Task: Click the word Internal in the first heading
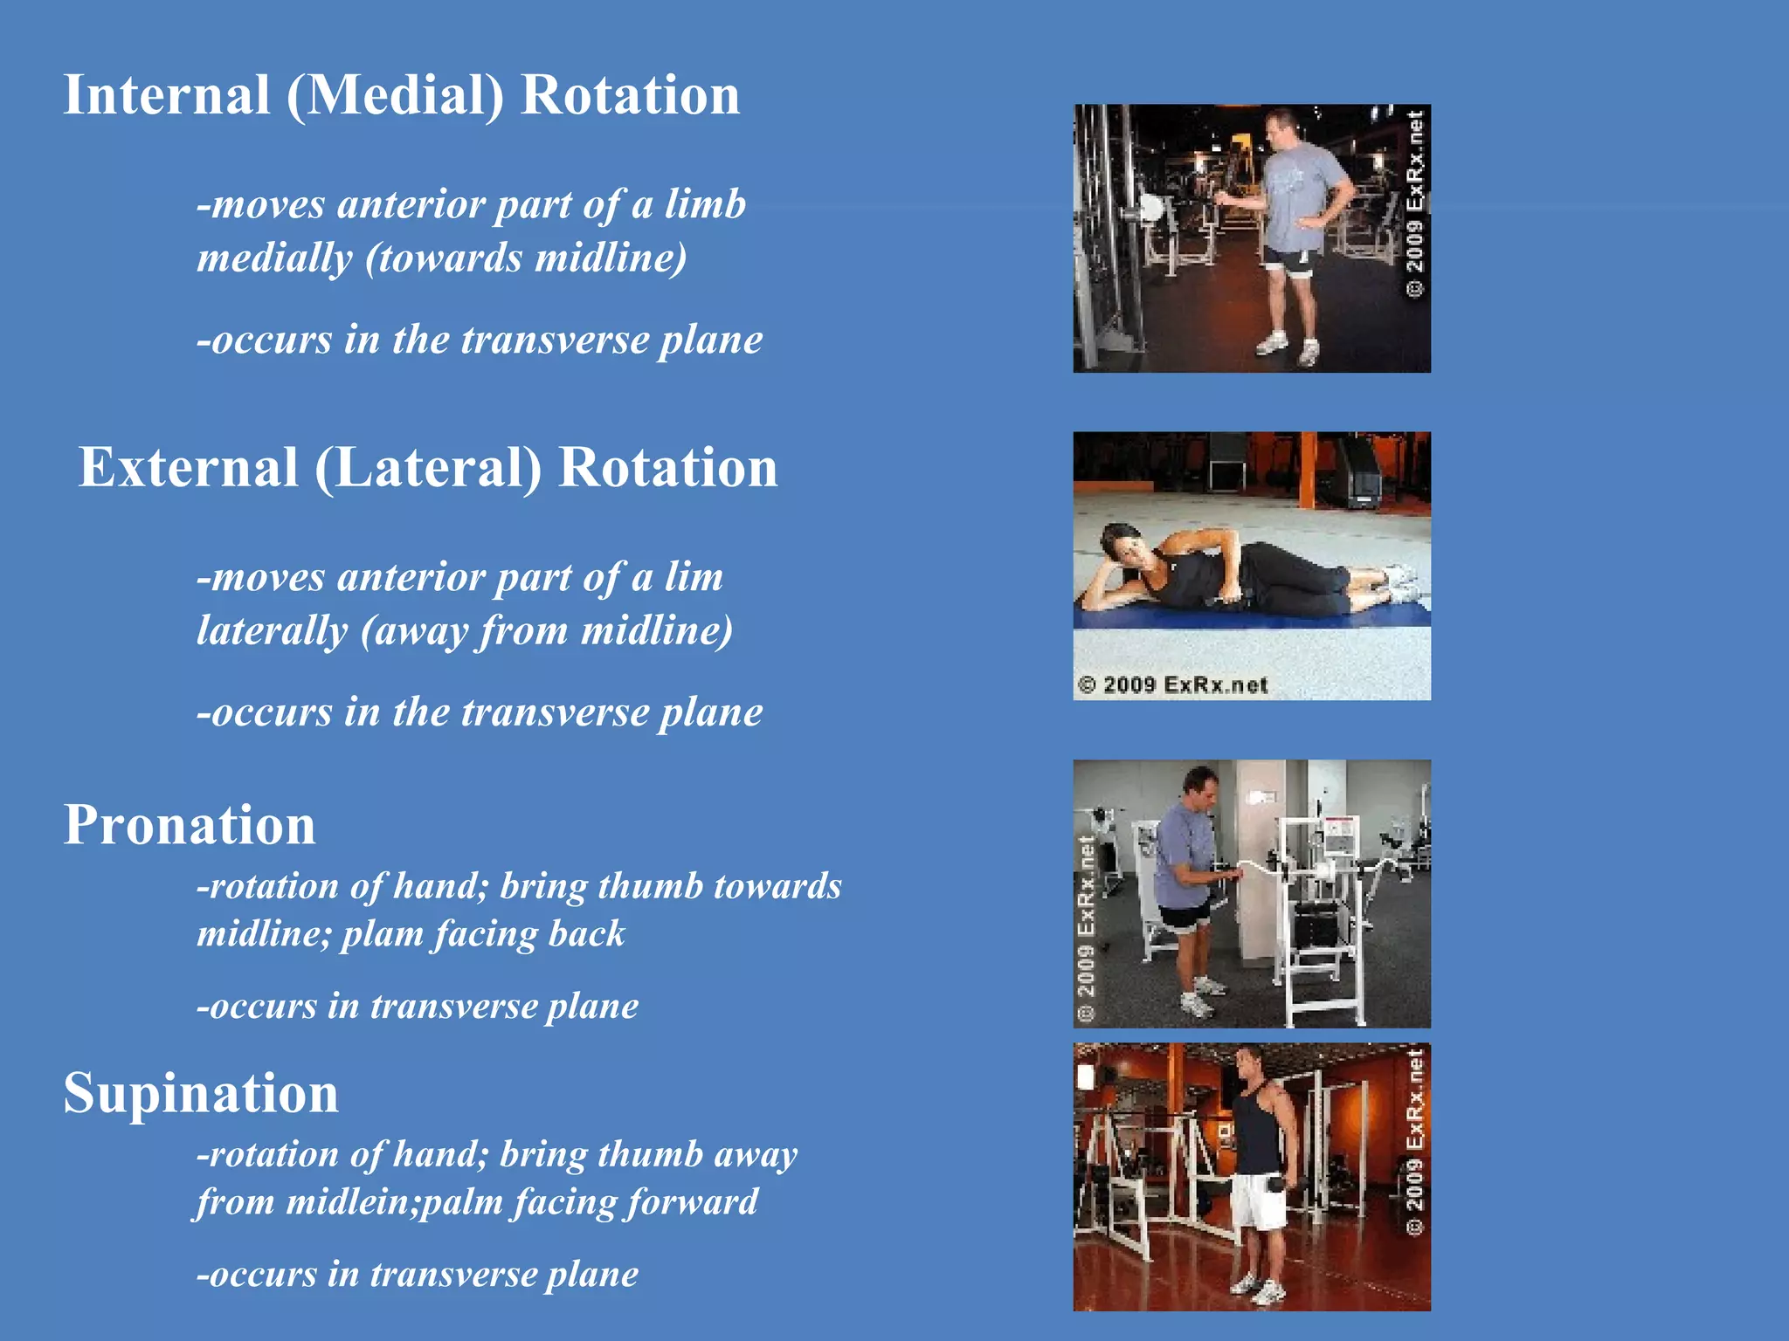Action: pos(167,95)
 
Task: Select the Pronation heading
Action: pos(190,825)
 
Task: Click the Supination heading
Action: pos(201,1093)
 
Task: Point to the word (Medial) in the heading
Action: pos(395,95)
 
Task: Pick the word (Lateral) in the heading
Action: pos(428,468)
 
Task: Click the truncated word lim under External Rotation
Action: pos(694,578)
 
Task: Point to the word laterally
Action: pos(272,631)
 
